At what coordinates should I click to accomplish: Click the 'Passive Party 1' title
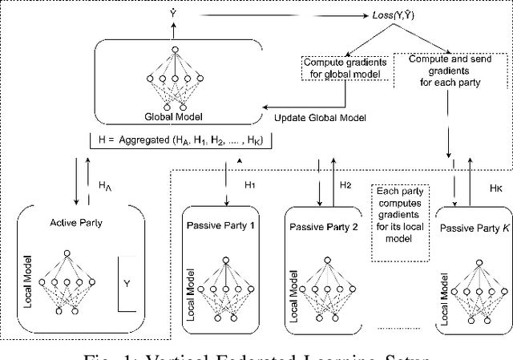220,225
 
